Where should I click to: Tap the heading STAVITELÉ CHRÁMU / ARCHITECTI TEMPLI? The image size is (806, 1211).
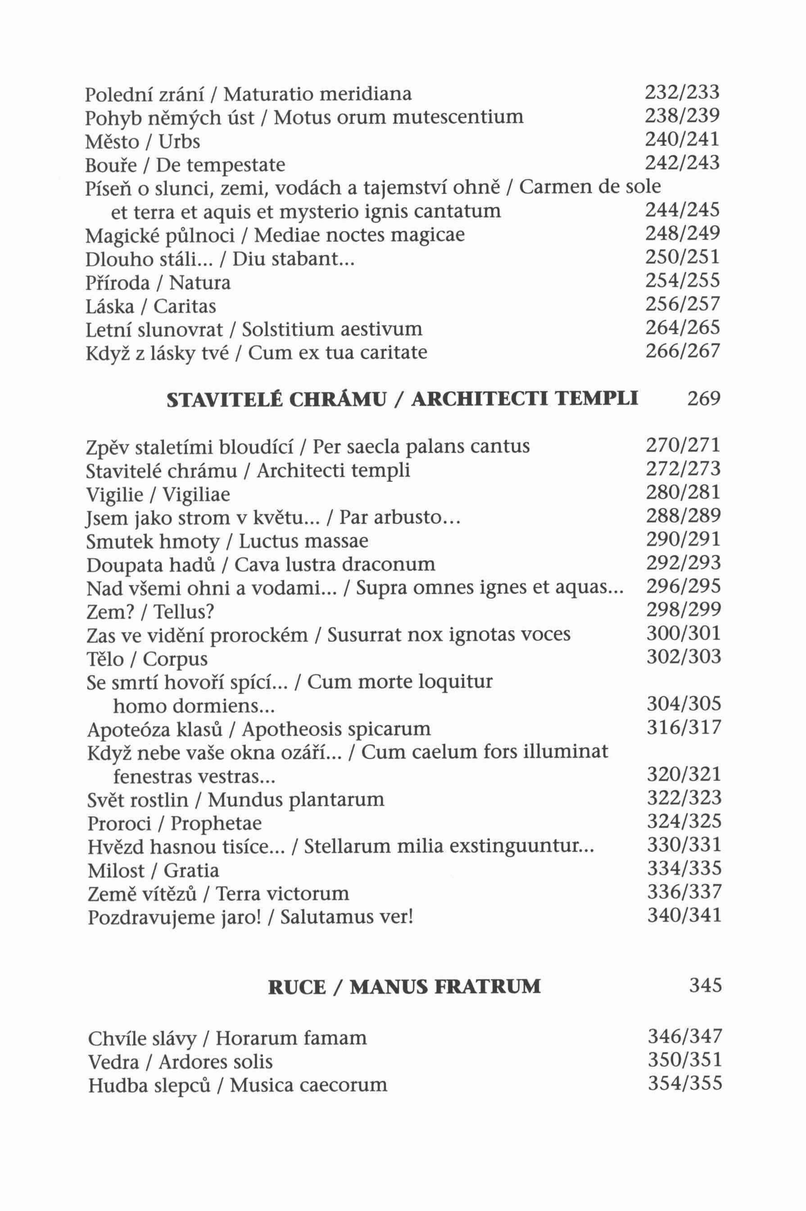pyautogui.click(x=402, y=399)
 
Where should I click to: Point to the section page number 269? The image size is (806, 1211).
pyautogui.click(x=704, y=399)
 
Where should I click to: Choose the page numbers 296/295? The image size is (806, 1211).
pyautogui.click(x=683, y=586)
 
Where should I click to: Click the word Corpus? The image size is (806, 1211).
pyautogui.click(x=175, y=659)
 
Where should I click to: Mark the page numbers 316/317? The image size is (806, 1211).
pyautogui.click(x=684, y=727)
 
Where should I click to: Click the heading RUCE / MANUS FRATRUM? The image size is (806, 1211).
pyautogui.click(x=404, y=987)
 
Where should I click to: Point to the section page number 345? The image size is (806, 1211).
pyautogui.click(x=705, y=986)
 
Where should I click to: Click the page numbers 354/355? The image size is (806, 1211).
pyautogui.click(x=685, y=1084)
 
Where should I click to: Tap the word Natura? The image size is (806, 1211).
pyautogui.click(x=200, y=283)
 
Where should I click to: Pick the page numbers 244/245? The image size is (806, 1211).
pyautogui.click(x=682, y=210)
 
